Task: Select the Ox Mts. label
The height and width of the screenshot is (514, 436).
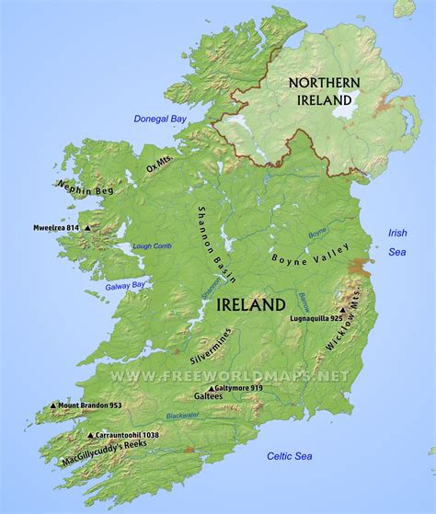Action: point(160,165)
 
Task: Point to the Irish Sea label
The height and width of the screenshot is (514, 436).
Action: point(397,242)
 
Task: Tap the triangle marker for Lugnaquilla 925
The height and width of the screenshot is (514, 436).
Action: point(342,310)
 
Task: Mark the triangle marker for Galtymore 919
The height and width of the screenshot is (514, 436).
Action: point(216,388)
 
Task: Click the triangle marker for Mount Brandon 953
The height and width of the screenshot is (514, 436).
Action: point(54,405)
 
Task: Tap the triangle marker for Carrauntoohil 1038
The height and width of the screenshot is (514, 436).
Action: point(89,435)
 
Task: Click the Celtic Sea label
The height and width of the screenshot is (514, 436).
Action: point(290,456)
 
